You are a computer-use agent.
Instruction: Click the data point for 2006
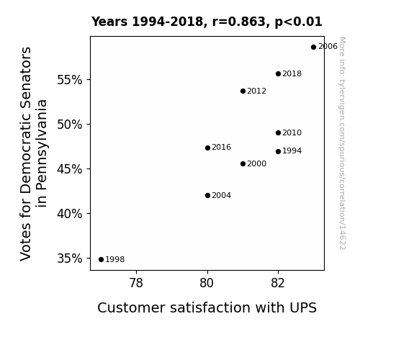pos(313,48)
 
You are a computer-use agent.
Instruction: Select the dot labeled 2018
pos(279,73)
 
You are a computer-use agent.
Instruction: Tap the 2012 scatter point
pos(243,91)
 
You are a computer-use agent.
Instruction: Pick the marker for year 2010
pos(279,133)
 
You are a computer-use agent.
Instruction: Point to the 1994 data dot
pos(279,152)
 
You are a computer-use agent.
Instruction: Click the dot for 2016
pos(207,148)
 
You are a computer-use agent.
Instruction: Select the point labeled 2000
pos(243,163)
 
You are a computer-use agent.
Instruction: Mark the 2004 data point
pos(207,195)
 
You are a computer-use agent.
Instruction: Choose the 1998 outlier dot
pos(101,260)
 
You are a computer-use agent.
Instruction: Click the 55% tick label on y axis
pos(69,80)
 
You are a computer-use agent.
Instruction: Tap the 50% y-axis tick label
pos(69,125)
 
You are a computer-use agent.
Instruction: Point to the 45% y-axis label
pos(69,169)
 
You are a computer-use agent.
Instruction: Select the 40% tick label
pos(69,214)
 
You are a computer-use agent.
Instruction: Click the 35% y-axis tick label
pos(69,258)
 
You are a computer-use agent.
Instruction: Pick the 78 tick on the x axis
pos(136,283)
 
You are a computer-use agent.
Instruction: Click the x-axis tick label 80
pos(207,283)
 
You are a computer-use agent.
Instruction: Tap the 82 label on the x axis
pos(278,283)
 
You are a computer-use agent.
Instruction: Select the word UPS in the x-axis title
pos(303,307)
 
